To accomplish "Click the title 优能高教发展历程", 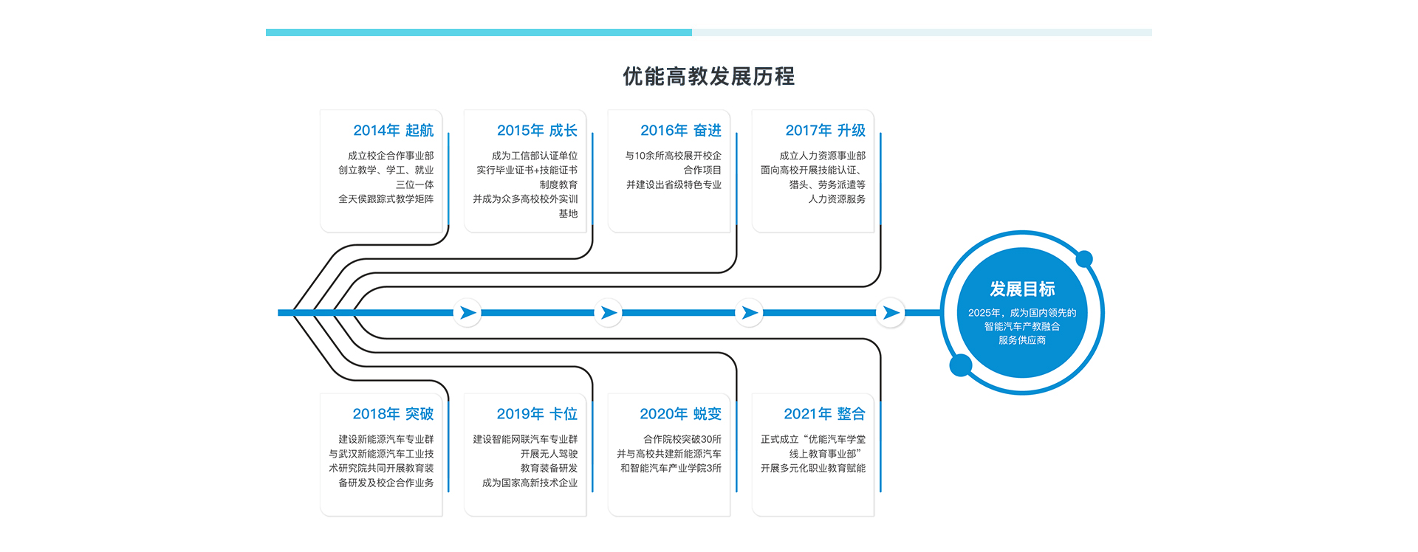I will pyautogui.click(x=708, y=76).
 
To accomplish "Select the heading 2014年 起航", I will pyautogui.click(x=393, y=131).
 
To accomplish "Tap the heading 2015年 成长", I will pyautogui.click(x=537, y=131).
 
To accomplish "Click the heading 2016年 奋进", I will pyautogui.click(x=680, y=131).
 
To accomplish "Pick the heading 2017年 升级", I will pyautogui.click(x=825, y=131).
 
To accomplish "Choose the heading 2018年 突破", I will pyautogui.click(x=393, y=414).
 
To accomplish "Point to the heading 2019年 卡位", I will pyautogui.click(x=537, y=414).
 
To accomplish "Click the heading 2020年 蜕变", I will pyautogui.click(x=680, y=414).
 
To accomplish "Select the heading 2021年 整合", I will pyautogui.click(x=824, y=414).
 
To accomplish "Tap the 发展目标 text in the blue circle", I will pyautogui.click(x=1022, y=289).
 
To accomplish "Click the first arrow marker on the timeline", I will pyautogui.click(x=467, y=313).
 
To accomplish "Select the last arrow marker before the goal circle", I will pyautogui.click(x=891, y=313).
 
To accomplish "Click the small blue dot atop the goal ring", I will pyautogui.click(x=1084, y=259).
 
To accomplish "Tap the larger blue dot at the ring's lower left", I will pyautogui.click(x=960, y=365).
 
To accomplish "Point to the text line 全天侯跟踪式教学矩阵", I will pyautogui.click(x=386, y=199).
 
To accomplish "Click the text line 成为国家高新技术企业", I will pyautogui.click(x=530, y=483).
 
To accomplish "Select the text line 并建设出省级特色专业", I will pyautogui.click(x=674, y=184).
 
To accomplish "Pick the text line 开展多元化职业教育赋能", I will pyautogui.click(x=813, y=468).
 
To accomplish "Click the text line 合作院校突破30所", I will pyautogui.click(x=682, y=439).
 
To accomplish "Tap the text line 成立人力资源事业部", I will pyautogui.click(x=822, y=156).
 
